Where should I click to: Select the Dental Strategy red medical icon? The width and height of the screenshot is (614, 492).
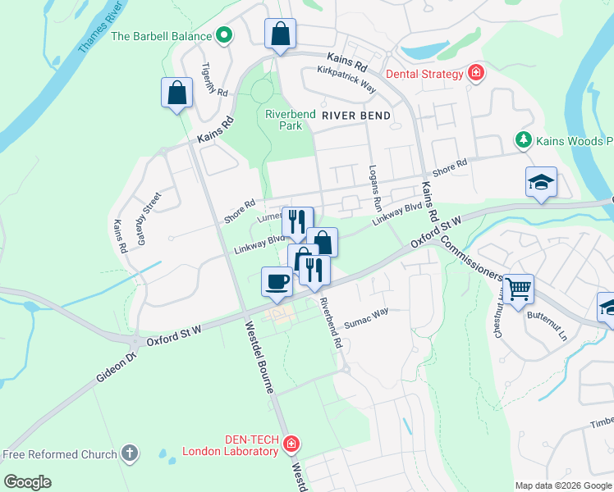click(475, 74)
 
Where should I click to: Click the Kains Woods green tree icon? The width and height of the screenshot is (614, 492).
click(522, 141)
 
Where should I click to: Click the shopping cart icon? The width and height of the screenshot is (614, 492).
click(518, 289)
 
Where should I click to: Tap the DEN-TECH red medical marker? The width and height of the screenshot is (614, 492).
click(290, 444)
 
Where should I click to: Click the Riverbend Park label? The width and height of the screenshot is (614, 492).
click(284, 120)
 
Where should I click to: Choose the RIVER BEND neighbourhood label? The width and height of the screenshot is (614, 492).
click(356, 116)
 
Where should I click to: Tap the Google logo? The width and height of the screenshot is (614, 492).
click(28, 482)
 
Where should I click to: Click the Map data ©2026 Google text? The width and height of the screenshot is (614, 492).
click(562, 485)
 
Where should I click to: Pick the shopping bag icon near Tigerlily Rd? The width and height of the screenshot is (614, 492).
click(177, 93)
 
